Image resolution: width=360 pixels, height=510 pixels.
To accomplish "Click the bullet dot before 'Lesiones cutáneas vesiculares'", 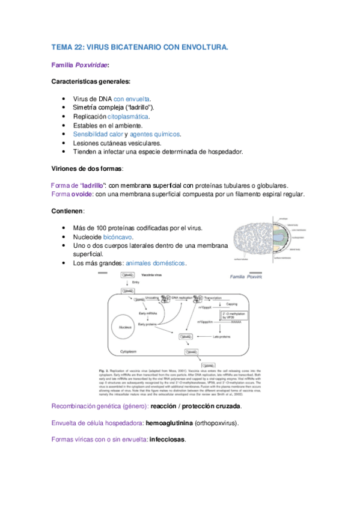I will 64,143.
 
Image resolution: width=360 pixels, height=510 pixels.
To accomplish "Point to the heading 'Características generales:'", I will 91,81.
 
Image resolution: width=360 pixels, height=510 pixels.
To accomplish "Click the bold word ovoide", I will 82,194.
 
